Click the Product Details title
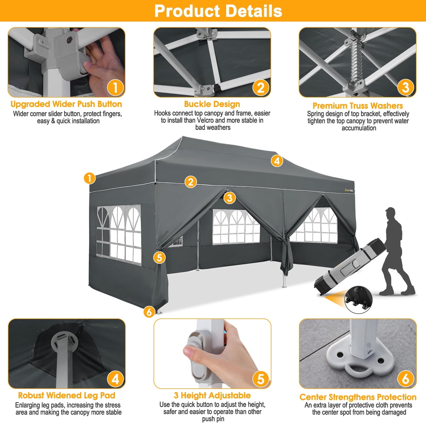coord(218,11)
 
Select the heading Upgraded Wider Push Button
coord(66,104)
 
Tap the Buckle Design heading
coord(212,104)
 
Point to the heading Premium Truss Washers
coord(358,106)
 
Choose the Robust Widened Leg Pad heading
coord(67,395)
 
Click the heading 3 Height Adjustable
coord(212,395)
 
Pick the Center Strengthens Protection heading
coord(358,397)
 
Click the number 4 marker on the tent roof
coord(277,161)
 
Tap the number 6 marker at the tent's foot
coord(149,312)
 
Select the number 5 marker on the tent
coord(159,257)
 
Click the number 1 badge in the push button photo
coord(115,87)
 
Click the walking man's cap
coord(390,210)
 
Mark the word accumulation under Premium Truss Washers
coord(359,128)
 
